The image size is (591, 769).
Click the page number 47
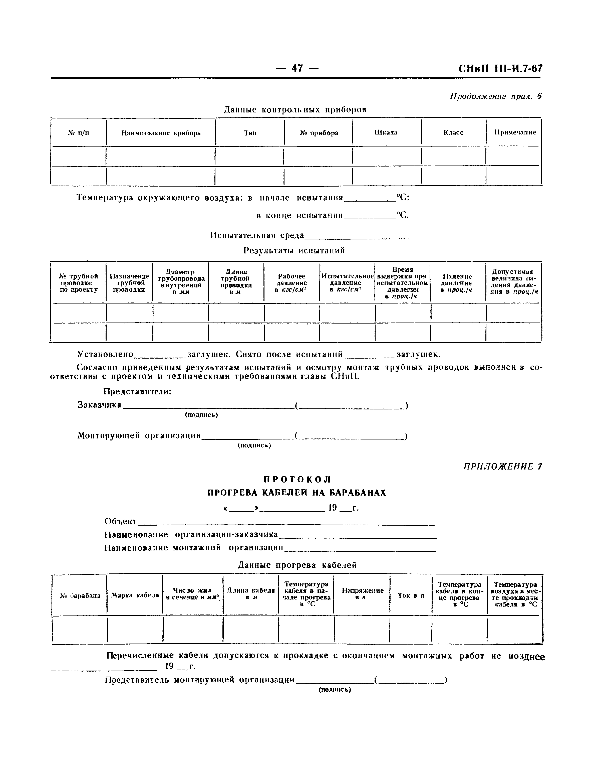click(297, 68)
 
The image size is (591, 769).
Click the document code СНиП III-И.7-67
click(500, 69)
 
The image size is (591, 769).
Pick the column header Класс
click(453, 132)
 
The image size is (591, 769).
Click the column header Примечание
click(515, 132)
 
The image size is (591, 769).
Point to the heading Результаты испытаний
click(294, 250)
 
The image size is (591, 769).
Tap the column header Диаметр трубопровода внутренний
click(180, 282)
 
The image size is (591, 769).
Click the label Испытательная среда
click(257, 235)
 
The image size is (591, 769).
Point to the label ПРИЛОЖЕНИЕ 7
click(503, 467)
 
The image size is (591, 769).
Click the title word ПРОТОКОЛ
click(297, 480)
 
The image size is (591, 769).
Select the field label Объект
click(121, 521)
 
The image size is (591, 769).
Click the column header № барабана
click(80, 596)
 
